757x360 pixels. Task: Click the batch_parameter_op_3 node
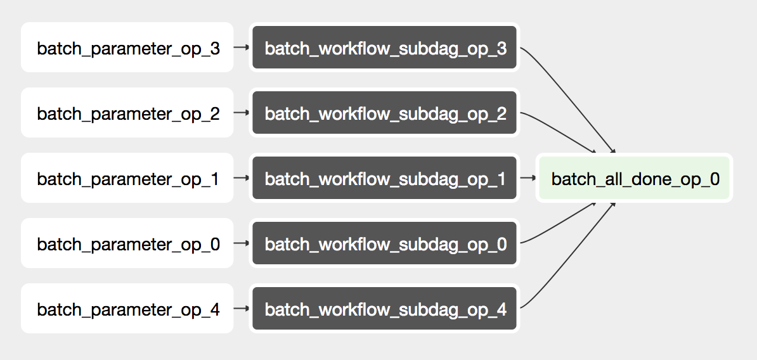[127, 48]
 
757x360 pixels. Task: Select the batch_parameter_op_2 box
[127, 113]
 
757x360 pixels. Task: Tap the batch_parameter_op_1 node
[127, 178]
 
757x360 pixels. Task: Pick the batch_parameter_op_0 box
[127, 243]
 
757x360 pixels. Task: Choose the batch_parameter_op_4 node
[127, 309]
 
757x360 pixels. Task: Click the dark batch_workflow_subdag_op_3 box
[385, 48]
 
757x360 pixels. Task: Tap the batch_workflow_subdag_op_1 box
[385, 178]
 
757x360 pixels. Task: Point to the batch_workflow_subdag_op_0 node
[385, 243]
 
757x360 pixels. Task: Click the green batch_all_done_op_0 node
[635, 178]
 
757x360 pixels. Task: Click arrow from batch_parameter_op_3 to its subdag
[241, 47]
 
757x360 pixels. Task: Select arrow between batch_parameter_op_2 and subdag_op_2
[241, 112]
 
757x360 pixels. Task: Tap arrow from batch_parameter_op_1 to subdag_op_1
[241, 178]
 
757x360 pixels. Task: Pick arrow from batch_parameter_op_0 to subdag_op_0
[241, 243]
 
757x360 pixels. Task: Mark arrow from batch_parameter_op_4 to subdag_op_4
[241, 309]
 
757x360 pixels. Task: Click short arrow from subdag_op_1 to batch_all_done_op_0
[527, 178]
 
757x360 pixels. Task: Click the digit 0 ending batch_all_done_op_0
[715, 179]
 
